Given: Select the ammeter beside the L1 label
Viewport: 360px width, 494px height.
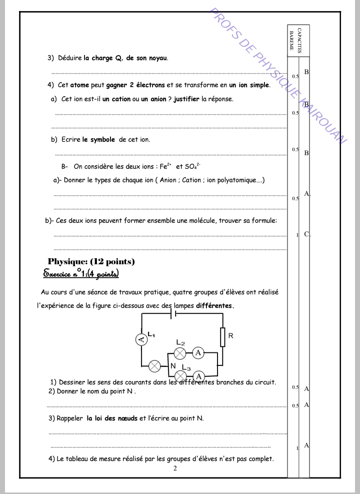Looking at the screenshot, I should click(141, 340).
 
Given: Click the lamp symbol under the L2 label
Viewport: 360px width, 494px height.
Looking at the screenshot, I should click(180, 353).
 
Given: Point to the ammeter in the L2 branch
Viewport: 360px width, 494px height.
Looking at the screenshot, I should click(198, 353).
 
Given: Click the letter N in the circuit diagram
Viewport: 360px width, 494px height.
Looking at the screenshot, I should click(172, 366).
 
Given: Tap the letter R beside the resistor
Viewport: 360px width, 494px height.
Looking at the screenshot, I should click(230, 336).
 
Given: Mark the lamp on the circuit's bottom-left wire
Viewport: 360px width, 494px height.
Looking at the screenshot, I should click(155, 366).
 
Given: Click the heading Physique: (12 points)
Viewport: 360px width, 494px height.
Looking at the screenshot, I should click(91, 261).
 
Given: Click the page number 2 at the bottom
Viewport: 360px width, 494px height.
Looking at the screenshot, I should click(174, 468).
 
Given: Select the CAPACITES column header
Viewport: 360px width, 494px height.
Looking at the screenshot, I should click(299, 41).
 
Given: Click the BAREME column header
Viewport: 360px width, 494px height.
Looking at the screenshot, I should click(291, 41).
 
